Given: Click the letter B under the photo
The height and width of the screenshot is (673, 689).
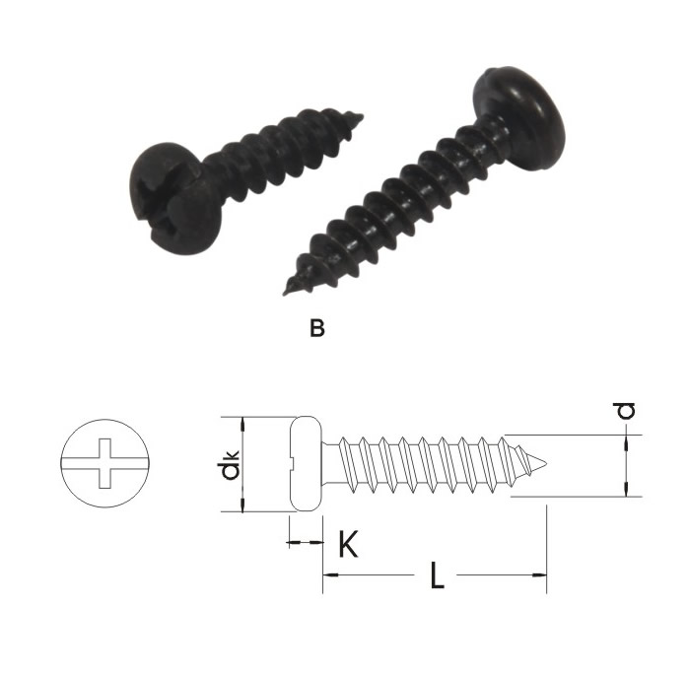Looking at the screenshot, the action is pos(316,328).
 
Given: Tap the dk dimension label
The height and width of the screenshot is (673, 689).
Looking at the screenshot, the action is pos(230,464).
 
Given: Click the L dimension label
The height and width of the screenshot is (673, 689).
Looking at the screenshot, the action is pos(437,575).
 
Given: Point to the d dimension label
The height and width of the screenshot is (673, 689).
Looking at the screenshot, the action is pos(625,410).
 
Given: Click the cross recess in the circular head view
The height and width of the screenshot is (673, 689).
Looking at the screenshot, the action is pos(105,463).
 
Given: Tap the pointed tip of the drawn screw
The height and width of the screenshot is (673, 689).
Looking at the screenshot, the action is pos(545,463).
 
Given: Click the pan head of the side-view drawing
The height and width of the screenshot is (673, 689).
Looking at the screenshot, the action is pos(307,463).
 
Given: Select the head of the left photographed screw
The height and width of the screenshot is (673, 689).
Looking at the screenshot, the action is pos(176,199).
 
